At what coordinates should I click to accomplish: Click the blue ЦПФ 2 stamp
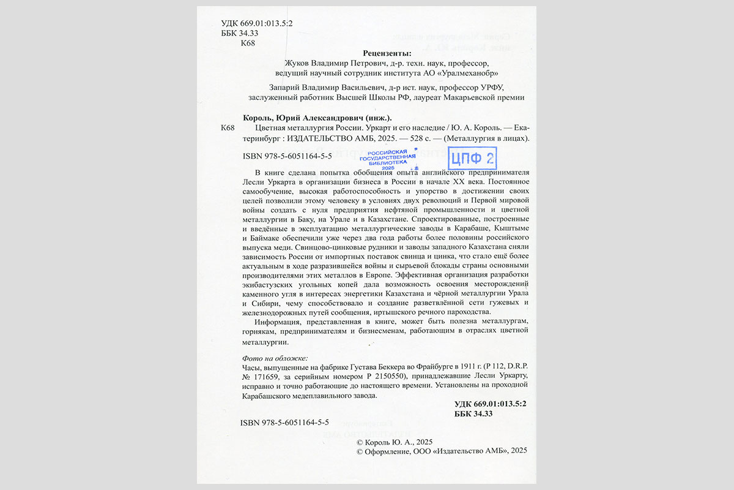point(472,159)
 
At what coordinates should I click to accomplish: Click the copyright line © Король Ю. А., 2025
point(395,442)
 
